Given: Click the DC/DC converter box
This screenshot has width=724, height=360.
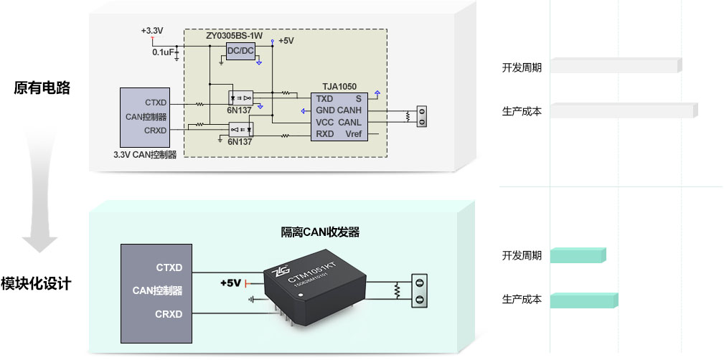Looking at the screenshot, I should tap(240, 51).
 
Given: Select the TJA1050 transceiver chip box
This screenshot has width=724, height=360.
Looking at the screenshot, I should tap(339, 115).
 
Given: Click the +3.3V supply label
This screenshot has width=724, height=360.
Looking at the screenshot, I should tap(152, 31).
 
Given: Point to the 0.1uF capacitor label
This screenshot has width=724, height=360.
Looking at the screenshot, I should tap(162, 52).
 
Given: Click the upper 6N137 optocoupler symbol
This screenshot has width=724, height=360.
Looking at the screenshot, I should tap(240, 96).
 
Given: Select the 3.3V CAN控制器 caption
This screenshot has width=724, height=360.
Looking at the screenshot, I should tap(145, 154).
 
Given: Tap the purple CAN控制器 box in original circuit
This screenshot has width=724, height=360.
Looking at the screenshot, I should tap(144, 116).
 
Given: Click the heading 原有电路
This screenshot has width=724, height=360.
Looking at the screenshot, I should tap(42, 87).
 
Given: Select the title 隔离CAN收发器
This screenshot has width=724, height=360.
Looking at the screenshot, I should tap(320, 232).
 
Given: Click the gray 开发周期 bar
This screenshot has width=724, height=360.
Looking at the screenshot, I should tap(615, 66).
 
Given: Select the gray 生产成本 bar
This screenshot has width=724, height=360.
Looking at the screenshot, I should tap(623, 110).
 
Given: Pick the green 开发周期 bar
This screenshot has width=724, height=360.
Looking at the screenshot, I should tap(578, 255).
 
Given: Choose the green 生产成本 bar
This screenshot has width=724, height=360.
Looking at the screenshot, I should tap(583, 300).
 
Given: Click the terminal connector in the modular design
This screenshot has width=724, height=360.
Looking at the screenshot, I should tap(420, 290).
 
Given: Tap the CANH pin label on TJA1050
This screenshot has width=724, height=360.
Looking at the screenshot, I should tap(349, 110).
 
